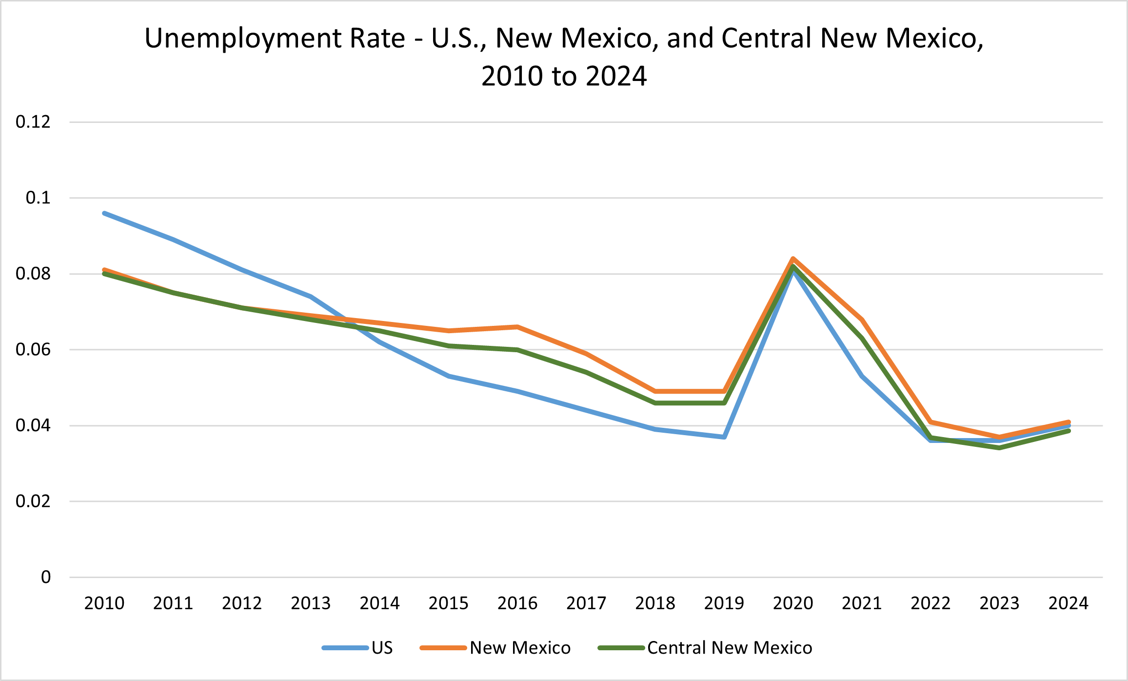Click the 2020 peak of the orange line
click(793, 259)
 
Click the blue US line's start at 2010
click(104, 213)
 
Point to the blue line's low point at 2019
click(724, 437)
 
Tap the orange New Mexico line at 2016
click(517, 327)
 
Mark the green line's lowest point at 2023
click(1000, 448)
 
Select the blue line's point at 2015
click(449, 376)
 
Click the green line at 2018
click(655, 403)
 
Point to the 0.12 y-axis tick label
click(33, 122)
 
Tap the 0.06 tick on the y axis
click(33, 350)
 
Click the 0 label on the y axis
click(46, 577)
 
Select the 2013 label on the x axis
click(311, 603)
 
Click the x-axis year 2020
click(793, 603)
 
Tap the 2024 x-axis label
click(1068, 603)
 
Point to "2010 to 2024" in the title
click(564, 76)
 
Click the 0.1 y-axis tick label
click(38, 198)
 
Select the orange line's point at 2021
click(862, 320)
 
